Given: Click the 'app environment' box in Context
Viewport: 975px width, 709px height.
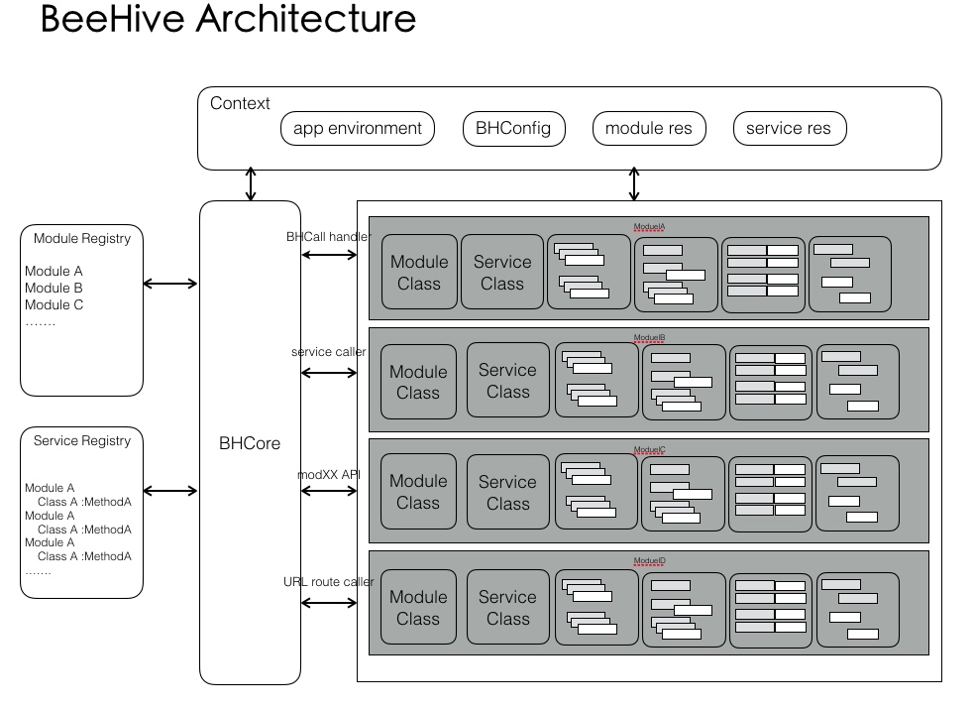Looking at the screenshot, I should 358,129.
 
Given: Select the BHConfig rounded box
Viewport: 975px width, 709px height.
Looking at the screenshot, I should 513,129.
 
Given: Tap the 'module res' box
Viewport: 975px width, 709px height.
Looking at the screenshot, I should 649,129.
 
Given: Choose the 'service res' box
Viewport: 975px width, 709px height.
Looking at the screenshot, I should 789,129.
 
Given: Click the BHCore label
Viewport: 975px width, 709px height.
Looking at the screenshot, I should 250,443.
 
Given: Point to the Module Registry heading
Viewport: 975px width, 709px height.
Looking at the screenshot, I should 82,238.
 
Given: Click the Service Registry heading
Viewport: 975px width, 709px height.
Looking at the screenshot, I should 82,440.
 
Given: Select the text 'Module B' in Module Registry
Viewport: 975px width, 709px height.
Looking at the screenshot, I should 54,288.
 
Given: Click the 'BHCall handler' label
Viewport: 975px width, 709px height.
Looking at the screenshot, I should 328,237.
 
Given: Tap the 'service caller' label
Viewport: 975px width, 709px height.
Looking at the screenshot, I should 328,352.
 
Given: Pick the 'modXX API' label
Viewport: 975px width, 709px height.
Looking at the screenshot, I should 329,474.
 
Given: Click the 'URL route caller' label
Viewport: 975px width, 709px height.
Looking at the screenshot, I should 328,581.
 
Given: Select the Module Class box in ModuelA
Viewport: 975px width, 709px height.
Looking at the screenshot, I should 419,273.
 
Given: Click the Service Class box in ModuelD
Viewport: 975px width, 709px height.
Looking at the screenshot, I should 507,607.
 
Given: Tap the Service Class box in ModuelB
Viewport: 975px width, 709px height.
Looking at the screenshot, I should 507,381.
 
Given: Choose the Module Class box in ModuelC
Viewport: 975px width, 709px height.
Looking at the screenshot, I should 418,492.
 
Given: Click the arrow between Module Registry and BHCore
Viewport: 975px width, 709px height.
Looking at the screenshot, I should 170,284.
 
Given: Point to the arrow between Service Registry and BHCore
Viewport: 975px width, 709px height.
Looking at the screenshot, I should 170,491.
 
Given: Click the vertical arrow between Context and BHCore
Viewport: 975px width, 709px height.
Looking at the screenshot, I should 251,185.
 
